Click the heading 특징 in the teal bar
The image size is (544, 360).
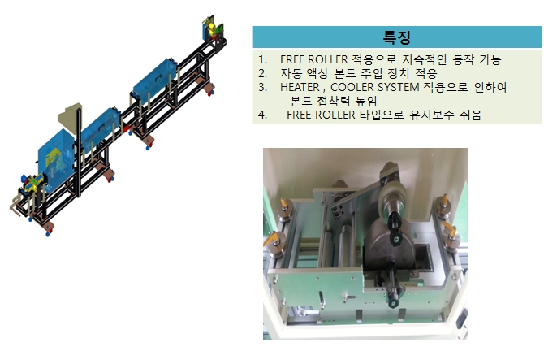click(396, 37)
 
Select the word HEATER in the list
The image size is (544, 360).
click(300, 87)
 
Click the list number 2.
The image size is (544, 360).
click(262, 73)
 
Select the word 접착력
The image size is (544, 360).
click(334, 101)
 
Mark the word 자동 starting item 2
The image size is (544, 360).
click(291, 73)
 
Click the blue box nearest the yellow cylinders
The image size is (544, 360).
click(155, 80)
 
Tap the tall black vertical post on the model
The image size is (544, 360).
click(79, 153)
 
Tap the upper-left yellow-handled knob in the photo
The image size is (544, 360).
click(285, 207)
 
